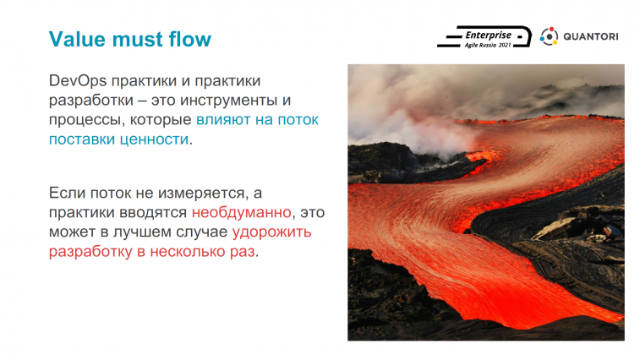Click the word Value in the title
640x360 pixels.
pos(78,39)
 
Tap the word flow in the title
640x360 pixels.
pos(189,39)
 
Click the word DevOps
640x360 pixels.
pos(78,81)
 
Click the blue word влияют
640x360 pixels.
pos(223,120)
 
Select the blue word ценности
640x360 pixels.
pos(154,139)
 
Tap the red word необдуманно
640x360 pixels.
pos(241,213)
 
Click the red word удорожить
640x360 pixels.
pos(272,232)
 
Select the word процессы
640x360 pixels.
pos(87,120)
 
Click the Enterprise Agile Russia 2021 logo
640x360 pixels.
pos(484,37)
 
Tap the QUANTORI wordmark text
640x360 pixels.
pos(591,36)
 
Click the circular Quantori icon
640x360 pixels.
pos(549,36)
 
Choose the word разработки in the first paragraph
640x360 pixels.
pos(91,101)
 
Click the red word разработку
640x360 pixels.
pos(90,252)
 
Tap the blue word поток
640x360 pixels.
pos(298,120)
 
